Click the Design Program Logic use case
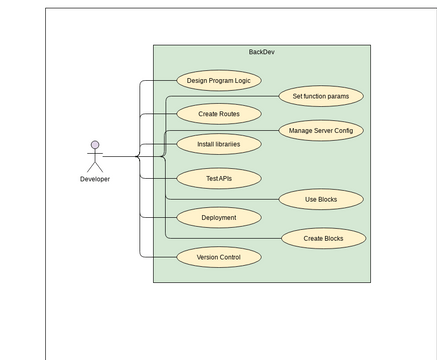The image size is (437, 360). point(219,80)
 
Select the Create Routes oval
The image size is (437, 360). point(219,114)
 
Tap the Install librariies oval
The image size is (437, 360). point(219,144)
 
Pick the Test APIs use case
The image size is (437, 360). point(219,178)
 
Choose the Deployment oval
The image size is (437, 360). point(219,217)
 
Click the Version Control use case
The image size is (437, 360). point(219,257)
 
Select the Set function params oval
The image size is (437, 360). point(320,96)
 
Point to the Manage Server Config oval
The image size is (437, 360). point(320,130)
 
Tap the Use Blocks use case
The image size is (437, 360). point(320,199)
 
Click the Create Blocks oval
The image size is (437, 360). point(323,238)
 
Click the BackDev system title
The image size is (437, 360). point(261,52)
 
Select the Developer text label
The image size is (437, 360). point(95,179)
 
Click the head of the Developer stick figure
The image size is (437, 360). point(95,145)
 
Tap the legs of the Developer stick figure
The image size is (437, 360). point(95,167)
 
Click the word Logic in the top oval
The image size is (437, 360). point(241,80)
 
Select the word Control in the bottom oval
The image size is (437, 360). point(229,257)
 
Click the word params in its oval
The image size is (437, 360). point(338,96)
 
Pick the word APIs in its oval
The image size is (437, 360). point(225,178)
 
